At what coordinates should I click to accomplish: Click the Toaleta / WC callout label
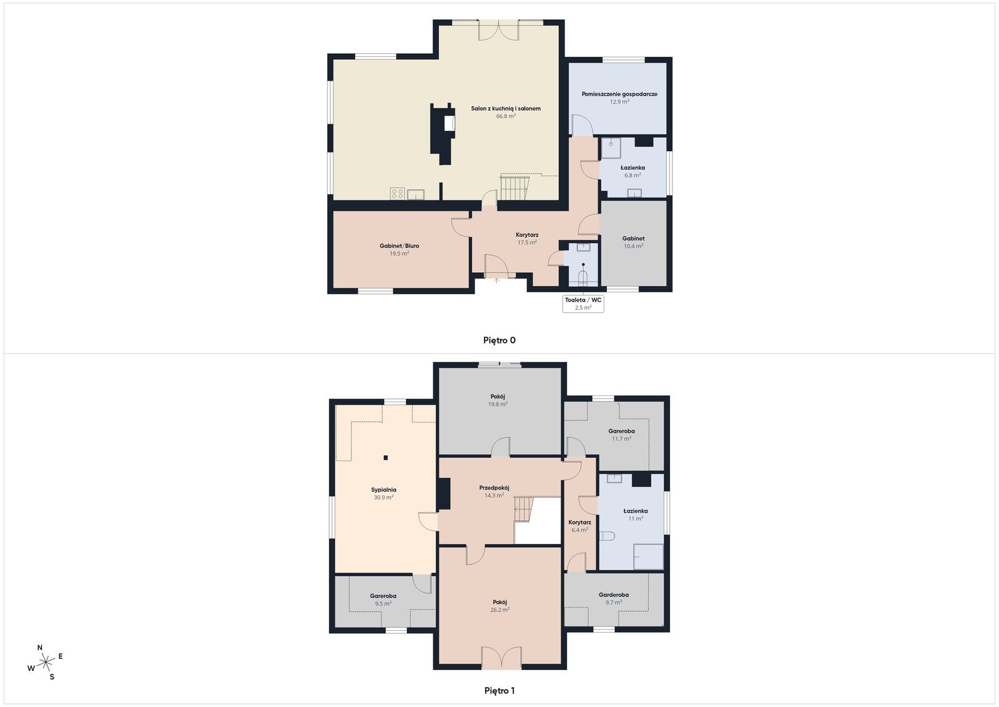(583, 300)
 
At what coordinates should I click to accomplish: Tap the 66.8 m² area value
(506, 116)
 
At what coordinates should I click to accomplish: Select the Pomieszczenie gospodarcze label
(619, 94)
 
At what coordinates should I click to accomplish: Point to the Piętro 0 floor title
(499, 340)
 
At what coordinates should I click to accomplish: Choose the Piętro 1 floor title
(499, 691)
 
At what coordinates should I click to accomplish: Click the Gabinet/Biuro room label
(399, 246)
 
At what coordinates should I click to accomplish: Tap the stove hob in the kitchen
(398, 194)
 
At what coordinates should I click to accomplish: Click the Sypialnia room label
(383, 490)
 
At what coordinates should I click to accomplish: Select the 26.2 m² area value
(499, 610)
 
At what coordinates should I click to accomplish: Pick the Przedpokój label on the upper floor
(494, 488)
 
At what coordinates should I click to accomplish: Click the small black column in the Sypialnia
(386, 458)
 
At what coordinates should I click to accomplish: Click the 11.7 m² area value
(621, 439)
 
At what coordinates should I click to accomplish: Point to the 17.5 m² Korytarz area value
(527, 242)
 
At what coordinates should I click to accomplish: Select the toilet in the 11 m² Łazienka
(607, 536)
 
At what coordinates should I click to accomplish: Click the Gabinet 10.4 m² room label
(633, 239)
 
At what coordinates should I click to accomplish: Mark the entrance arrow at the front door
(497, 280)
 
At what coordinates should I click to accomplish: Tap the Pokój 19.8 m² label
(498, 397)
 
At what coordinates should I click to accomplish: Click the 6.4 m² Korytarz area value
(579, 530)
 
